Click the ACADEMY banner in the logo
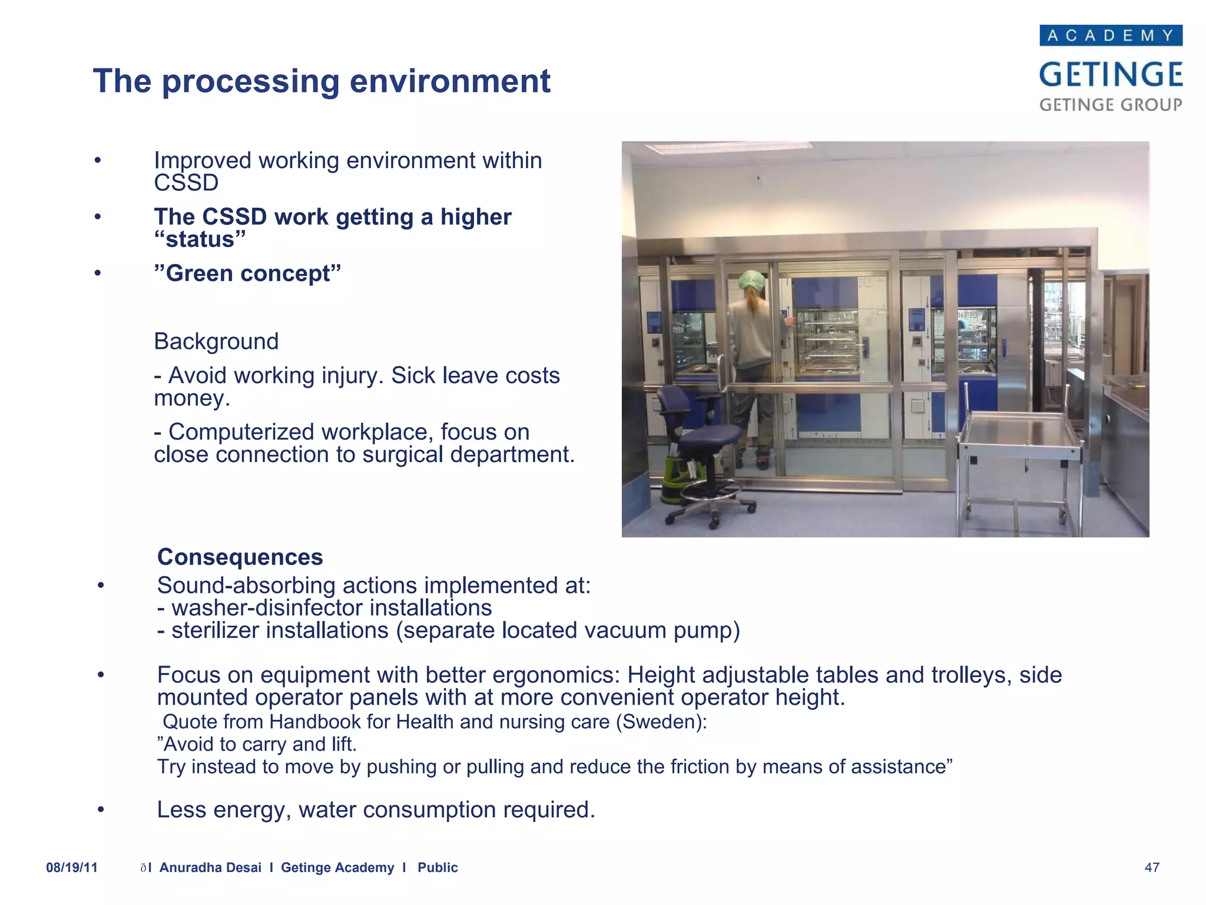pos(1111,35)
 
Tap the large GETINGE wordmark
pos(1111,75)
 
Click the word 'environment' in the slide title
pos(450,81)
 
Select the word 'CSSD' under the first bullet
pos(186,183)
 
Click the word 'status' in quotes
pos(200,240)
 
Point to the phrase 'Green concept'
pos(247,273)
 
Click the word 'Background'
pos(216,341)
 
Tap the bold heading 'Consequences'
pos(240,557)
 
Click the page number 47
pos(1152,867)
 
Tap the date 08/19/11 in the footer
pos(72,867)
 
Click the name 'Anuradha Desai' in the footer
pos(210,867)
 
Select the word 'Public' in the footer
pos(438,867)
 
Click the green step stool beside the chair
pos(677,480)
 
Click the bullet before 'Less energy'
pos(101,810)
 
